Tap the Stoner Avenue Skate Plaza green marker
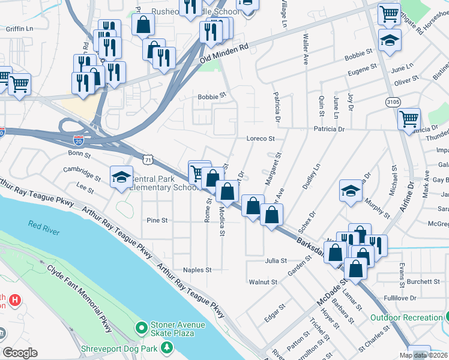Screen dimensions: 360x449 point(142,328)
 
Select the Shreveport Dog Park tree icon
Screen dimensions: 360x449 point(172,347)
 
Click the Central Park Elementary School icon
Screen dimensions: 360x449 point(121,177)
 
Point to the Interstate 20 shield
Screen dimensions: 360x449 point(79,140)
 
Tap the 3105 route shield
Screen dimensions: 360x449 point(393,103)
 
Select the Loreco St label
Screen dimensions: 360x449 point(261,138)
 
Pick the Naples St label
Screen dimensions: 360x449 point(197,270)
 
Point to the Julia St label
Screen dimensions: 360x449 point(276,261)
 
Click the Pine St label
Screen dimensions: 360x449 point(157,220)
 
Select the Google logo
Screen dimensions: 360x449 point(20,352)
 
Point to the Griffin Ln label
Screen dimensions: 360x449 point(19,28)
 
